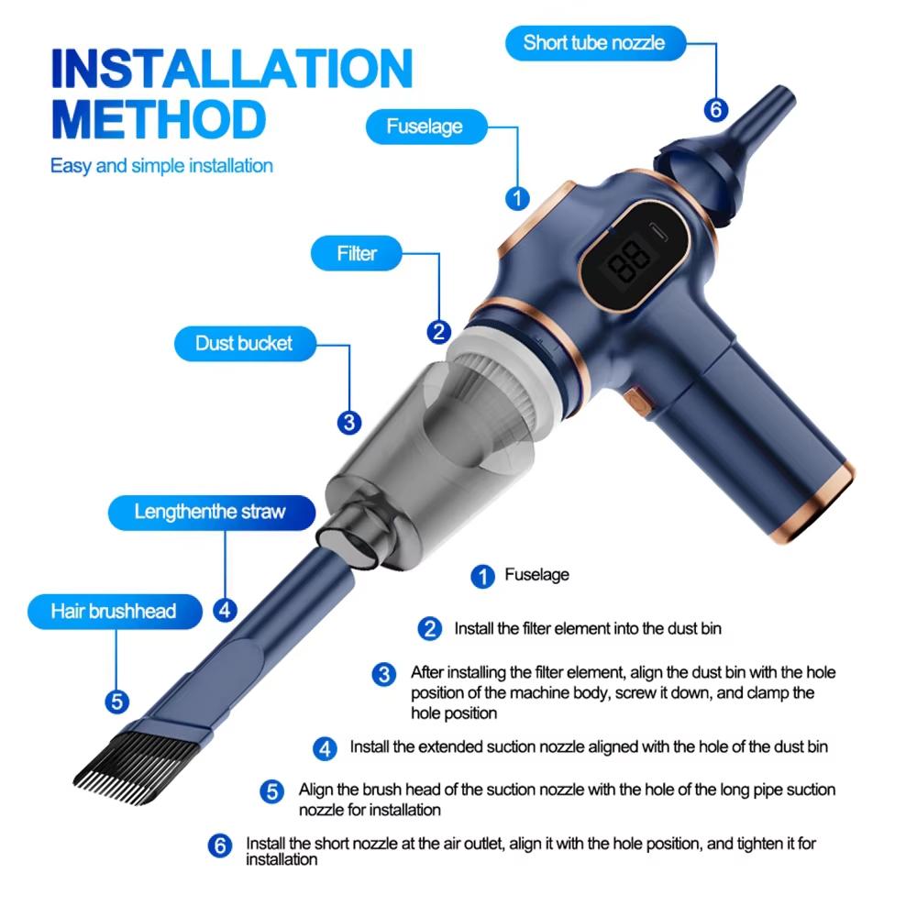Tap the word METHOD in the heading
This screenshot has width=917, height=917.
coord(158,120)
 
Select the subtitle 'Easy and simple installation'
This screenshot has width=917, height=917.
coord(161,166)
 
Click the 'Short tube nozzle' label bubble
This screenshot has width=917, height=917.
coord(593,42)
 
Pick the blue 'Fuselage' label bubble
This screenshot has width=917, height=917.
coord(424,126)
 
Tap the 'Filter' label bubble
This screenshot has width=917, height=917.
coord(357,252)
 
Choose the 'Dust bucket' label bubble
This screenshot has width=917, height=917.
coord(244,343)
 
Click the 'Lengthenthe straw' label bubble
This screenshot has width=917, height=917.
coord(210,511)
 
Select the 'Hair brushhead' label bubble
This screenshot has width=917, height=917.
coord(114,611)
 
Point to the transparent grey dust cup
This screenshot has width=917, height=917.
coord(431,431)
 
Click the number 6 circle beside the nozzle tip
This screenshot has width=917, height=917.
coord(716,110)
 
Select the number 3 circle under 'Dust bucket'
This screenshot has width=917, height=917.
coord(348,423)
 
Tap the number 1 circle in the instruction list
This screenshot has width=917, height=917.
coord(482,576)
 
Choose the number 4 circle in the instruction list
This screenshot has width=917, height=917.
coord(325,748)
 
